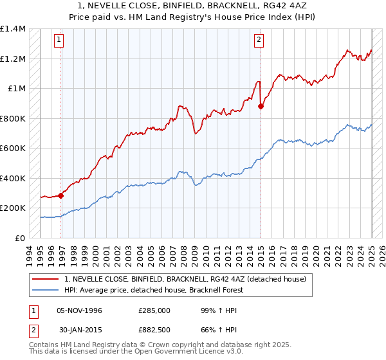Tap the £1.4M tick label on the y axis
[13, 29]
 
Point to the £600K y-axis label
[12, 148]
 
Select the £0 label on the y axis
[19, 238]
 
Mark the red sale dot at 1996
[61, 195]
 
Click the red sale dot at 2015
[261, 107]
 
